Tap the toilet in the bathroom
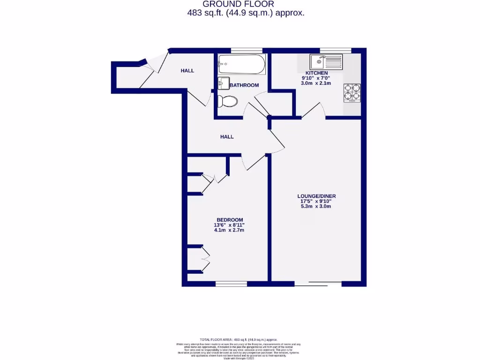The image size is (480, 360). point(227,101)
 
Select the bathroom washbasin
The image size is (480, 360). point(223,83)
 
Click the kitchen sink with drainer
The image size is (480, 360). point(326,61)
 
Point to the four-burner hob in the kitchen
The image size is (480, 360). point(352,92)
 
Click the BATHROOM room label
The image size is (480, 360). point(244,85)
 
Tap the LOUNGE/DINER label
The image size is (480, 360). point(316,196)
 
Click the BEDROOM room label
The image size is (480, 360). point(230,220)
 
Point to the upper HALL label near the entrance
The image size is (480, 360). point(187,71)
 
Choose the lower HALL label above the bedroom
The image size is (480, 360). point(227,137)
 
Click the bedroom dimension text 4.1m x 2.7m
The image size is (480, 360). point(230,230)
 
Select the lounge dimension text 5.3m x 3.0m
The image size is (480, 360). point(316,206)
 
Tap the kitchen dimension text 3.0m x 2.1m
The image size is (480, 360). point(316,83)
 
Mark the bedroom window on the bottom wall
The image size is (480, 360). point(231,284)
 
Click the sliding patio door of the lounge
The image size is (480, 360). point(319,284)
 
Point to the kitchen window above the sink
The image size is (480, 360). point(335,50)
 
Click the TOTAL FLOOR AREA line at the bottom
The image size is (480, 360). point(239,339)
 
